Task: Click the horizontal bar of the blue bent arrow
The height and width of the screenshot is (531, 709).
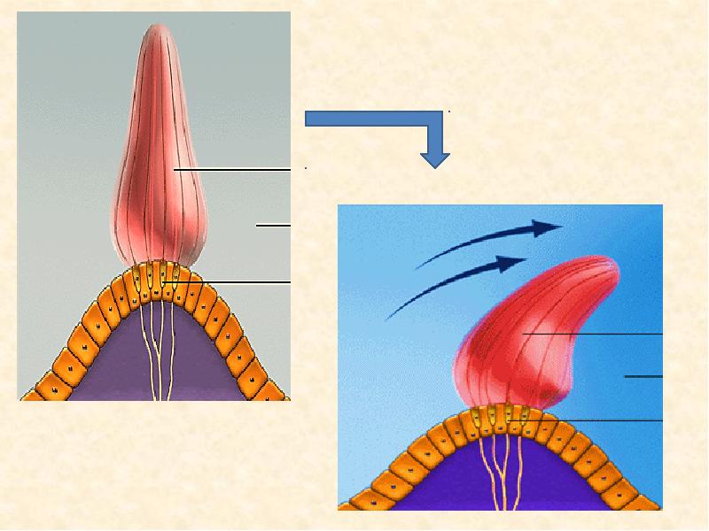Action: coord(372,119)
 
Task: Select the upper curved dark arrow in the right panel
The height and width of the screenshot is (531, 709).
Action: coord(496,235)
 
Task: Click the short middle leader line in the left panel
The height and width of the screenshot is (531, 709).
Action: coord(273,226)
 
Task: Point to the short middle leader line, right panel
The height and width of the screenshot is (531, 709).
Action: coord(643,376)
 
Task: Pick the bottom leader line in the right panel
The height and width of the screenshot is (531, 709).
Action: coord(603,419)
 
